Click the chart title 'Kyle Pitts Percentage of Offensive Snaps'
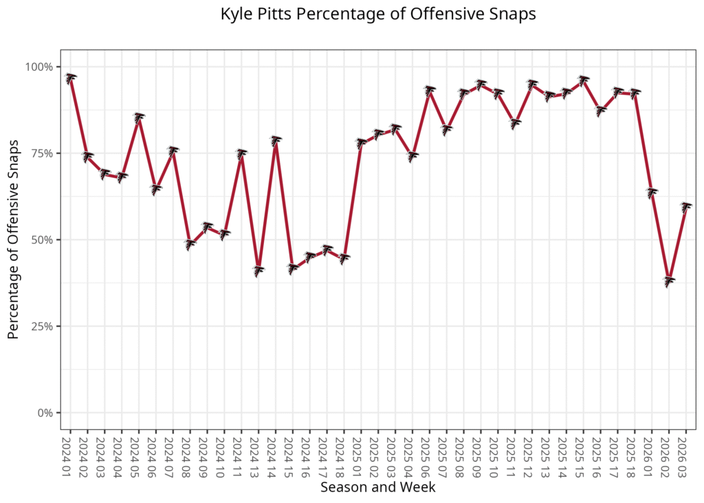(378, 14)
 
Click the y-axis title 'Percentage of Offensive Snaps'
(14, 239)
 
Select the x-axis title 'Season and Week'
(378, 486)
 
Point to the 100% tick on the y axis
(39, 67)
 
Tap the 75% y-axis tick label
(42, 153)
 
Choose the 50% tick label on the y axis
(42, 239)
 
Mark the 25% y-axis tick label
(42, 326)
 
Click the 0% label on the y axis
(45, 413)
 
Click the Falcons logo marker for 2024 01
(70, 78)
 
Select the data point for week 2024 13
(258, 270)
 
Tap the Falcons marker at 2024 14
(275, 140)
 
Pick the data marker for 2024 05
(139, 118)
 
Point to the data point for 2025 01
(361, 143)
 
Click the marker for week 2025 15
(583, 81)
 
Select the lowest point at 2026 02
(668, 281)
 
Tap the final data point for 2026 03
(685, 207)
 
